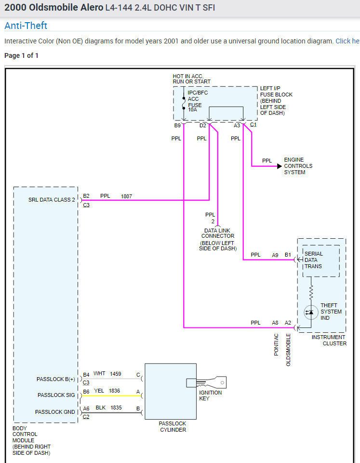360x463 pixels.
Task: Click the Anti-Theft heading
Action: pyautogui.click(x=26, y=26)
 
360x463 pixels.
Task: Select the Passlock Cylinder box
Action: pyautogui.click(x=171, y=391)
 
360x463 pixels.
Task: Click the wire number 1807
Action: pyautogui.click(x=126, y=196)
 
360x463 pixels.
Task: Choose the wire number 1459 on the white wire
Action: pyautogui.click(x=115, y=374)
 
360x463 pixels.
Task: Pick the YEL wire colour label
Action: pyautogui.click(x=99, y=391)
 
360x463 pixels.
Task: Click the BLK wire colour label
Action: pyautogui.click(x=100, y=408)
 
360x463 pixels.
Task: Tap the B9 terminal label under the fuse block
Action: pyautogui.click(x=177, y=126)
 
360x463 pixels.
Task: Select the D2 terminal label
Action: pyautogui.click(x=202, y=126)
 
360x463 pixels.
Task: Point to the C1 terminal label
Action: pyautogui.click(x=253, y=125)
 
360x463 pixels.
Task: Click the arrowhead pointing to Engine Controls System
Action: pyautogui.click(x=279, y=166)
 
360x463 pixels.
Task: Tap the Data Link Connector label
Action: pyautogui.click(x=218, y=233)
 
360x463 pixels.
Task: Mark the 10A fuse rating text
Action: pyautogui.click(x=193, y=110)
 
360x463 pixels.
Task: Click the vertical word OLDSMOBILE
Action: pyautogui.click(x=289, y=350)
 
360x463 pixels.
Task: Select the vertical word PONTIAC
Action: pyautogui.click(x=277, y=344)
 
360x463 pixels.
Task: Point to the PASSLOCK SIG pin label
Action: pyautogui.click(x=56, y=395)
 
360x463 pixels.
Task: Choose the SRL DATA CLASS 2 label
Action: pyautogui.click(x=52, y=200)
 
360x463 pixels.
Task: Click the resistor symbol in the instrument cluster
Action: pyautogui.click(x=311, y=291)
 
